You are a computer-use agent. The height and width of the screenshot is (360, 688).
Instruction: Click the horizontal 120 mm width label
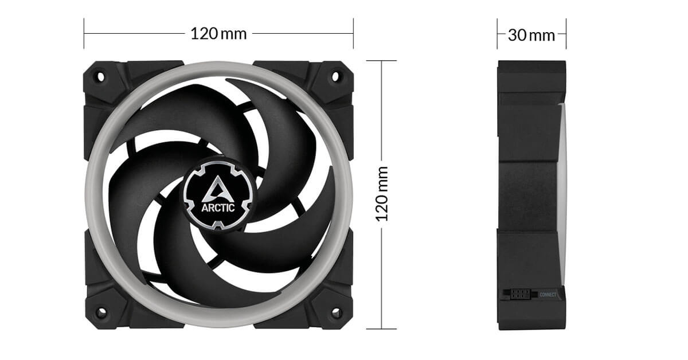tap(218, 34)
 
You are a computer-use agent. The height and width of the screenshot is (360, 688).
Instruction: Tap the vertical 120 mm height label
tap(382, 194)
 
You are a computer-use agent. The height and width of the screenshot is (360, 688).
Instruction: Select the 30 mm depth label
tap(531, 36)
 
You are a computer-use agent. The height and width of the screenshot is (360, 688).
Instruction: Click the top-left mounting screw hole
tap(101, 76)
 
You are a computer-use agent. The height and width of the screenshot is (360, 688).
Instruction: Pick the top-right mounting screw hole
tap(335, 76)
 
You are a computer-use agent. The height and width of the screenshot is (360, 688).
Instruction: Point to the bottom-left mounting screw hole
tap(101, 312)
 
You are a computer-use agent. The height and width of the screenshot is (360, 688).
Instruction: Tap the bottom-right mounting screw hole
tap(336, 312)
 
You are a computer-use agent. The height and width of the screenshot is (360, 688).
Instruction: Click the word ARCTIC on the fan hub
tap(218, 208)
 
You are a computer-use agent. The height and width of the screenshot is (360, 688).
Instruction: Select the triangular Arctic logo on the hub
tap(218, 189)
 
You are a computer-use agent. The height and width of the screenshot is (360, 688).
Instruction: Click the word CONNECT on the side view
tap(548, 295)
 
